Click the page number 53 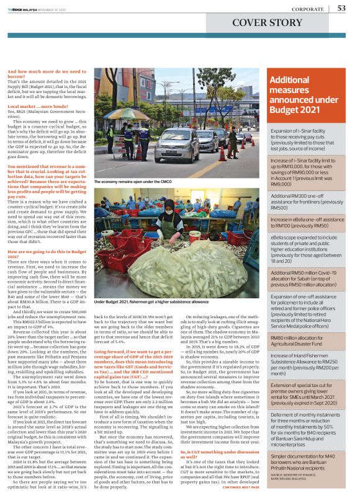(x=342, y=7)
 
